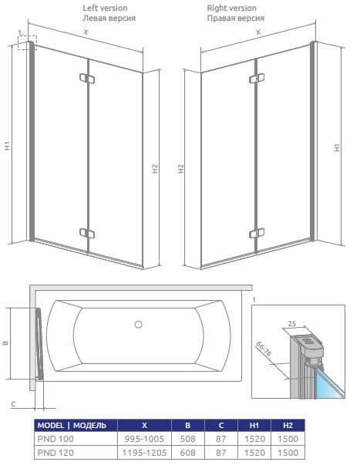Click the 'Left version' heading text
pyautogui.click(x=105, y=8)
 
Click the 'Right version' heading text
pyautogui.click(x=231, y=8)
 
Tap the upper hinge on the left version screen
pyautogui.click(x=87, y=78)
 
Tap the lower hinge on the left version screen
pyautogui.click(x=87, y=233)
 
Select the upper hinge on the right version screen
pyautogui.click(x=257, y=78)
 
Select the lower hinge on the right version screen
pyautogui.click(x=257, y=233)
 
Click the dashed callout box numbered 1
pyautogui.click(x=28, y=42)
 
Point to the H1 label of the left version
pyautogui.click(x=8, y=146)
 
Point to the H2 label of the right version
pyautogui.click(x=180, y=169)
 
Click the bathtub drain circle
pyautogui.click(x=139, y=325)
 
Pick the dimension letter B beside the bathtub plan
pyautogui.click(x=5, y=342)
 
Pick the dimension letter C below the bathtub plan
pyautogui.click(x=14, y=404)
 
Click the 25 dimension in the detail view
pyautogui.click(x=292, y=324)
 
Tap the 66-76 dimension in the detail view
pyautogui.click(x=264, y=349)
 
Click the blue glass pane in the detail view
pyautogui.click(x=330, y=385)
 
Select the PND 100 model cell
pyautogui.click(x=56, y=439)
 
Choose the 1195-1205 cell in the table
pyautogui.click(x=144, y=453)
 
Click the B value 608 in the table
pyautogui.click(x=188, y=453)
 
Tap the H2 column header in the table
pyautogui.click(x=288, y=426)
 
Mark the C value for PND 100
pyautogui.click(x=221, y=439)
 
